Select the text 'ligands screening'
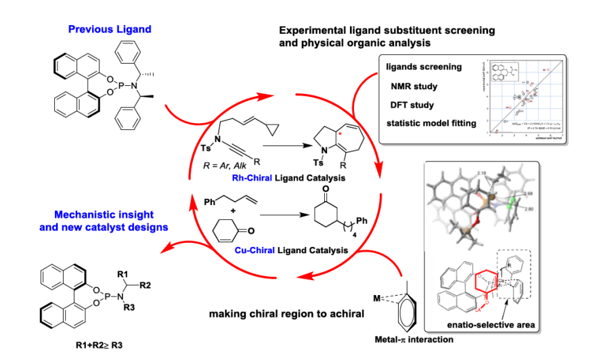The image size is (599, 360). tap(424, 67)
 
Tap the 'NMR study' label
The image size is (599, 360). tap(414, 86)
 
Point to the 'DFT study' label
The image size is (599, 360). tap(413, 105)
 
